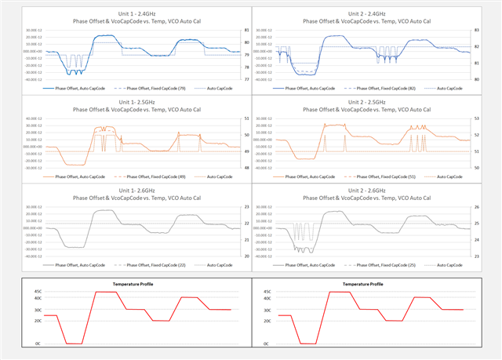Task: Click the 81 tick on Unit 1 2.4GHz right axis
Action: tap(226, 30)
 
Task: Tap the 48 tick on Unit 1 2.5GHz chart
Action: tap(226, 168)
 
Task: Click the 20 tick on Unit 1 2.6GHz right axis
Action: tap(226, 256)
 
